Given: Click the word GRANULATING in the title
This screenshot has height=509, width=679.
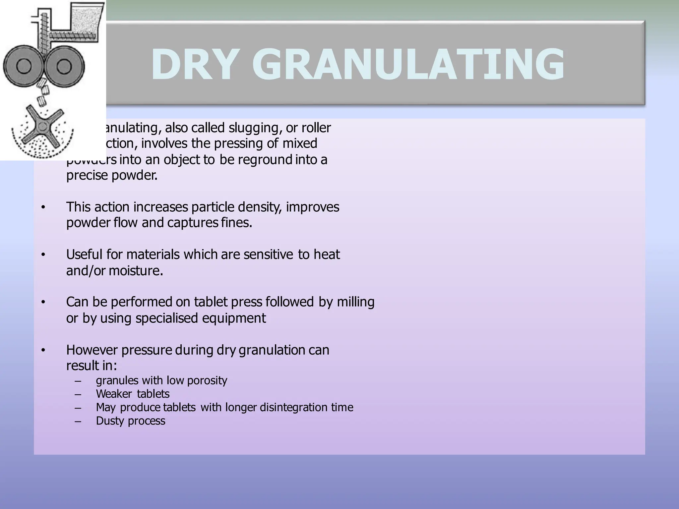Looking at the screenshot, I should coord(408,65).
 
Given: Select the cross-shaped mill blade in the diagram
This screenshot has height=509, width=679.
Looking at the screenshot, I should coord(42,127).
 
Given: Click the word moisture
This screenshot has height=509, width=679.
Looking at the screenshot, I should coord(136,271).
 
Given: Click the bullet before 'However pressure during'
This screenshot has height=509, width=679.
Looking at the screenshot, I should coord(43,350).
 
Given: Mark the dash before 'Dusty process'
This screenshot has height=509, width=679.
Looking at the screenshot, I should coord(78,421).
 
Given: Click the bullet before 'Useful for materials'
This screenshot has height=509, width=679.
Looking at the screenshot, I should coord(43,255).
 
